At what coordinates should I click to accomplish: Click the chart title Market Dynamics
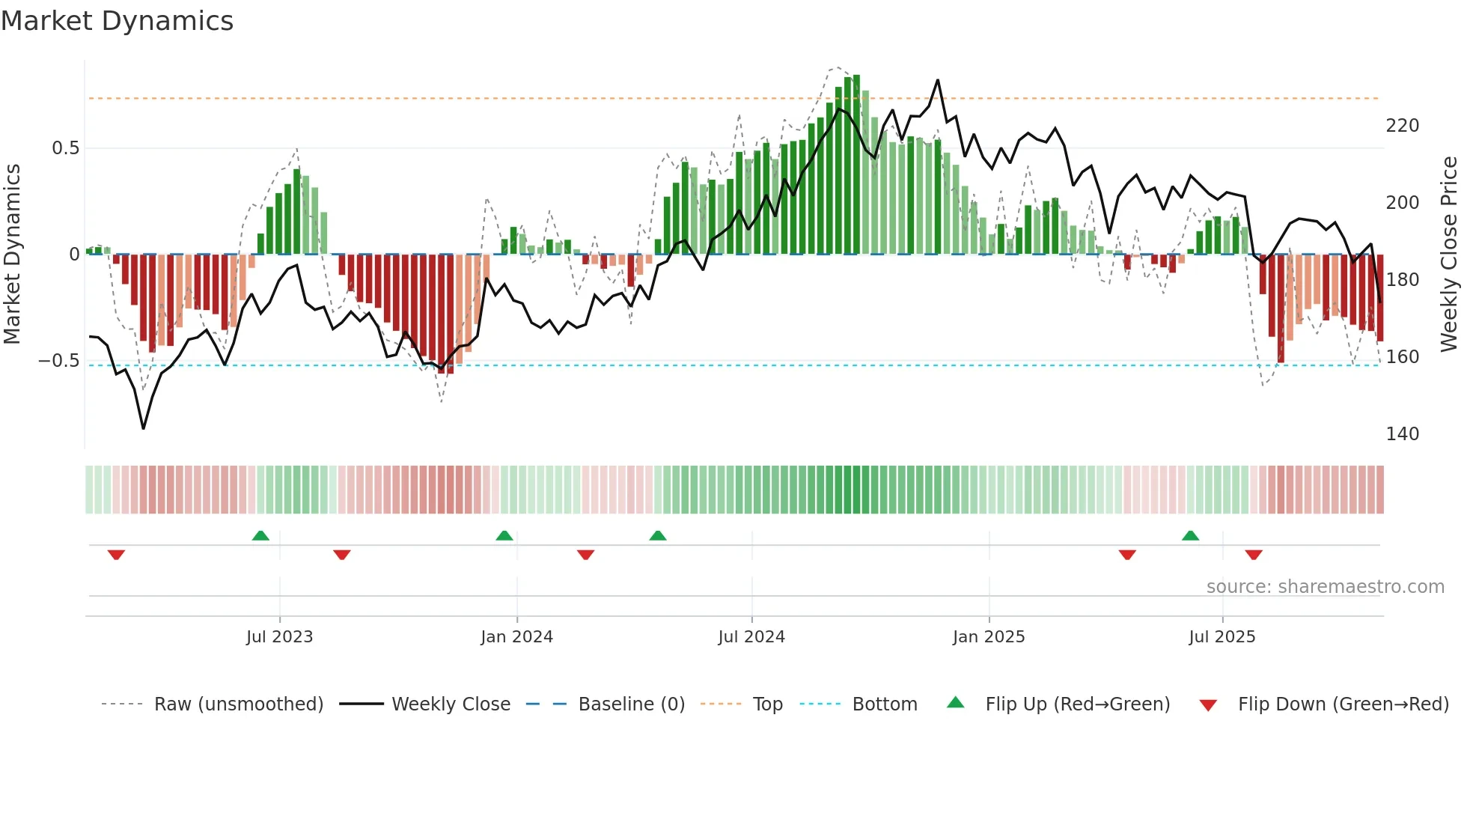117,21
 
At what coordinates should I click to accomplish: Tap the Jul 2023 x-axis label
279,637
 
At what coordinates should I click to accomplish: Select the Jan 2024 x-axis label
516,637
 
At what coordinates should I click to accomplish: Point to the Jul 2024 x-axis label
751,637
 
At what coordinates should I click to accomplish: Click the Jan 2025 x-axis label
989,637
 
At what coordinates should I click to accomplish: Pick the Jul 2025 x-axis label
1222,637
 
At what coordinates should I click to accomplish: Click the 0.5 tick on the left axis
65,148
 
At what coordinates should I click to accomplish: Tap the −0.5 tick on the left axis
59,361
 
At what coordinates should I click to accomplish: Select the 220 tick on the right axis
1402,126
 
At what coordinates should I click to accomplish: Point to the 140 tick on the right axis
1402,434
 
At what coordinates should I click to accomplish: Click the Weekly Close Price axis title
1449,255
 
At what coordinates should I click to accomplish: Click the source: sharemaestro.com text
1325,587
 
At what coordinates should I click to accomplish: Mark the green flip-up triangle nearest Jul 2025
1190,535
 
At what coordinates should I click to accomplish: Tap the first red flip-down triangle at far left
116,555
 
